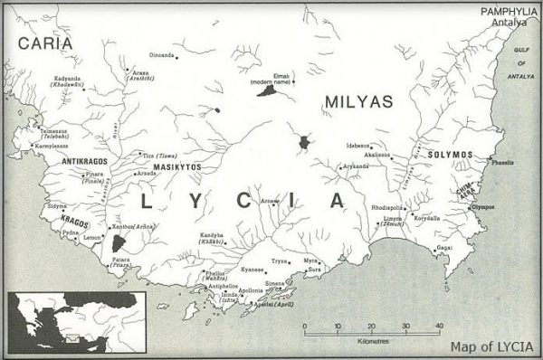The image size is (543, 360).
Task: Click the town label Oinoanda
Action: click(160, 55)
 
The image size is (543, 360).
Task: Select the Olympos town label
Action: click(482, 207)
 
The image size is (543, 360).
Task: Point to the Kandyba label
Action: click(211, 236)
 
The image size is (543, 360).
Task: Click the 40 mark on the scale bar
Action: click(438, 326)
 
